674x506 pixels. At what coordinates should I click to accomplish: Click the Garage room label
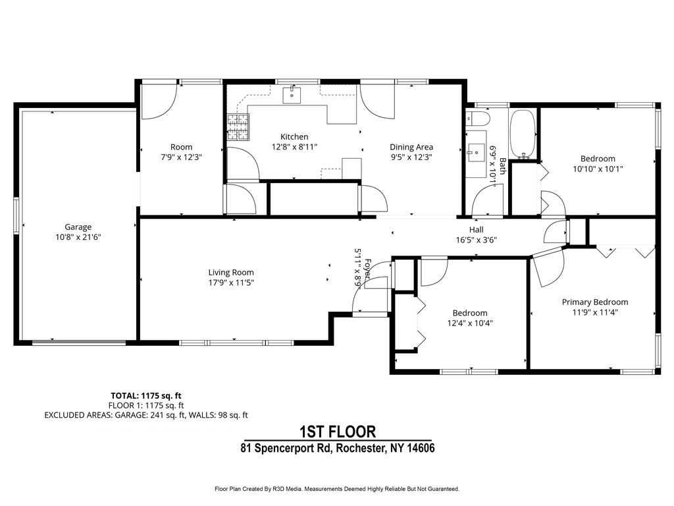pos(78,227)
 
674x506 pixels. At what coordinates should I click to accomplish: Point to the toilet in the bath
pos(479,119)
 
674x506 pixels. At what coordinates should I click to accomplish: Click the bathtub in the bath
pos(524,134)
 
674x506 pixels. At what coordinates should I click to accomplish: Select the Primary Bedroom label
pos(594,302)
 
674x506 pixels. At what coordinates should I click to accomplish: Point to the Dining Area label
pos(411,147)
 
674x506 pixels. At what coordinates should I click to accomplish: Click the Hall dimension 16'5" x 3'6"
pos(477,240)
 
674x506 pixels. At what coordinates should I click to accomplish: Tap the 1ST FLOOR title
pos(338,432)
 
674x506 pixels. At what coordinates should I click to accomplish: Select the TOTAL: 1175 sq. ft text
pos(146,396)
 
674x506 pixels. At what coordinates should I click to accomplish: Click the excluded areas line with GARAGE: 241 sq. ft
pos(146,415)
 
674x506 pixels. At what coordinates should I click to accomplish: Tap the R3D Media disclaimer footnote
pos(337,489)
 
